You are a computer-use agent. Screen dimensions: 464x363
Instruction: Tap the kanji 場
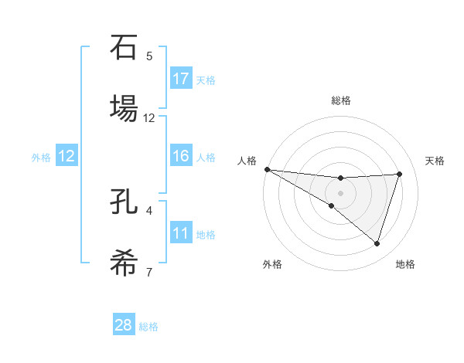124,109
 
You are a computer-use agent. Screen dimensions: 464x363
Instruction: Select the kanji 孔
124,202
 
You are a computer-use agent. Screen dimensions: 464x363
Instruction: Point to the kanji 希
124,263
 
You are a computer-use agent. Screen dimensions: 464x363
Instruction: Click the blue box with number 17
181,78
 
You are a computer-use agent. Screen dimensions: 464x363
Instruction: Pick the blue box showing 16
181,156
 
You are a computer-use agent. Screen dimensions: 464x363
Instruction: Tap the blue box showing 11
181,233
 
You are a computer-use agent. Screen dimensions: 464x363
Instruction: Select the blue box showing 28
124,325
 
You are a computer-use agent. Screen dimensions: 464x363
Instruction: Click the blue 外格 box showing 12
67,156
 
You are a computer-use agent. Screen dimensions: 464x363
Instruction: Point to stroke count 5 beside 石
149,56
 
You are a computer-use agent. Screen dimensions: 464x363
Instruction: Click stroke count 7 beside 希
149,272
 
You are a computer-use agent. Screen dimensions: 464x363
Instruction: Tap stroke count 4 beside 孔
149,210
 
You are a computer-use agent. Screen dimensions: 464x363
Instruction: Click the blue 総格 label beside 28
148,327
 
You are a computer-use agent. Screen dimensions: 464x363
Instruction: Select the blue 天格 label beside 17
206,80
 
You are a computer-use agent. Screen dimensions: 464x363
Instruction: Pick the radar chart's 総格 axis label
341,100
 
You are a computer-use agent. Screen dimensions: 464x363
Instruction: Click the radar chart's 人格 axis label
246,161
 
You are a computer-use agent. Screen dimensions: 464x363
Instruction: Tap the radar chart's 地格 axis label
405,264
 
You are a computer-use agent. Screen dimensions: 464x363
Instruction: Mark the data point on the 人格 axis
267,168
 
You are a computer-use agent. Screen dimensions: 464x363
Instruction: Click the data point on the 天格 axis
399,174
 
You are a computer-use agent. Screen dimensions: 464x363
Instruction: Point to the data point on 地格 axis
377,243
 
